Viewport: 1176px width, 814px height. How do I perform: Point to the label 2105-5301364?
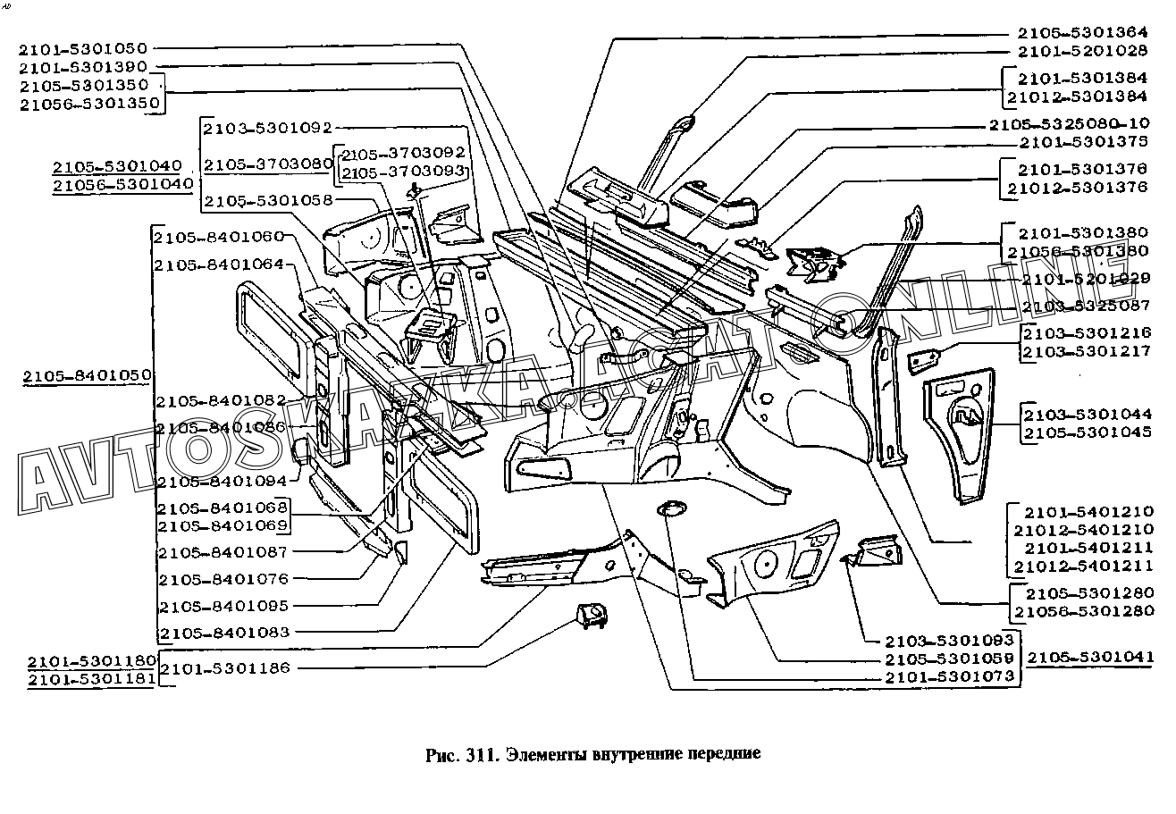(x=1083, y=32)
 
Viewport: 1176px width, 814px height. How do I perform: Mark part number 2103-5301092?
(x=267, y=129)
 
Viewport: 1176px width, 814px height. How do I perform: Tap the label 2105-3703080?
(x=267, y=164)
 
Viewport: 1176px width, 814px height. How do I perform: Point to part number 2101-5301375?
(x=1083, y=142)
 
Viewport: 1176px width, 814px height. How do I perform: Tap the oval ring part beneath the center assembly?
(x=670, y=509)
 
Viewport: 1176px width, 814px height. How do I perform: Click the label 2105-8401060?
(x=219, y=237)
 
